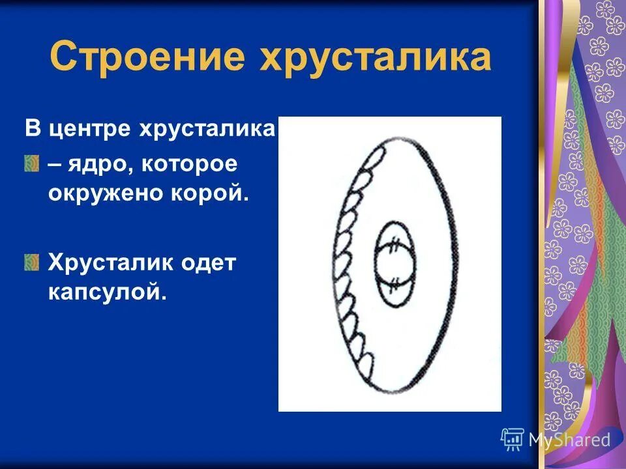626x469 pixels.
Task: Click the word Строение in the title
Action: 147,57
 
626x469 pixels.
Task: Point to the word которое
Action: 190,165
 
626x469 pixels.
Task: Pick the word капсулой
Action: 108,292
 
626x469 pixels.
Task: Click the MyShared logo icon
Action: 513,439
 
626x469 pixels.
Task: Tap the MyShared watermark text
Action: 570,440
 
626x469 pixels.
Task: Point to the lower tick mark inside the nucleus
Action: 394,282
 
